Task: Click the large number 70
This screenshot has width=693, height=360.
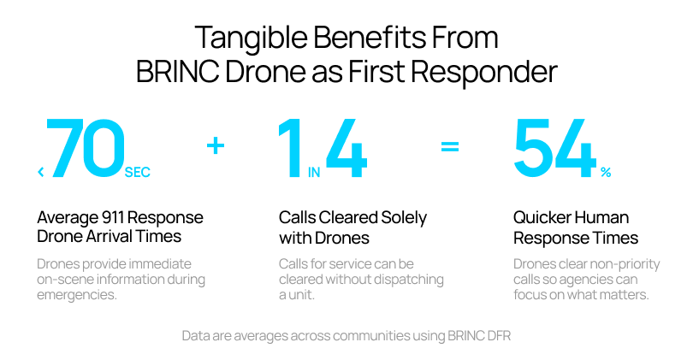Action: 86,150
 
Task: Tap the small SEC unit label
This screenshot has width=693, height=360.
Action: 138,174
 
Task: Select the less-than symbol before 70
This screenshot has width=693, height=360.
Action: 40,173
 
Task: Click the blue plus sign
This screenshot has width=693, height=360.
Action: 216,146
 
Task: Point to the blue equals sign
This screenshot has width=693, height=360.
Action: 450,146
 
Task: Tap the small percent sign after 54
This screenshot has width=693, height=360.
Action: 606,174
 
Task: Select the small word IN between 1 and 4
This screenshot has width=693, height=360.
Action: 314,174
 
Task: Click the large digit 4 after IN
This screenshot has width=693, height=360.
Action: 345,150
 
